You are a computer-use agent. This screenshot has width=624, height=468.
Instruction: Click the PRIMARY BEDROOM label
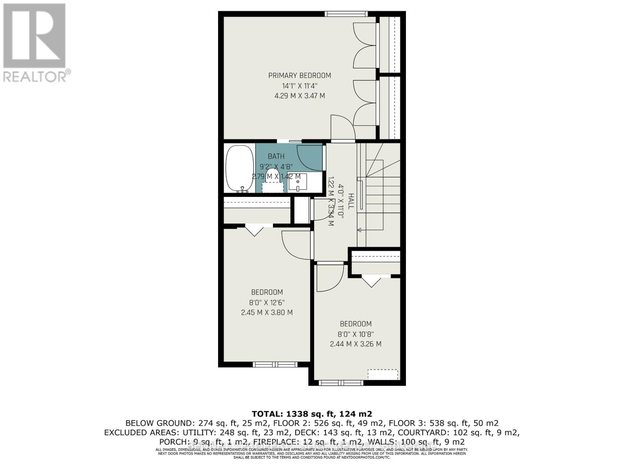click(300, 76)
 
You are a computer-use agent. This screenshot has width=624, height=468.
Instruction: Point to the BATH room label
click(276, 156)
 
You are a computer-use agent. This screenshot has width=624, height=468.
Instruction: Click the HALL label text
click(351, 201)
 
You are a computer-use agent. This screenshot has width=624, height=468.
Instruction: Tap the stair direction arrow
click(359, 230)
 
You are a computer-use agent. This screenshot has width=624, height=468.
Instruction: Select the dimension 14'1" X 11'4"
click(300, 86)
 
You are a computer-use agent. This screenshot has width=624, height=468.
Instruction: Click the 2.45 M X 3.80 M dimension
click(267, 312)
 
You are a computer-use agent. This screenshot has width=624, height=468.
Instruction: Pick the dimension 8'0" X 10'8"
click(355, 334)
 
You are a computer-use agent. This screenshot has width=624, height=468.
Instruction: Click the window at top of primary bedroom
click(346, 14)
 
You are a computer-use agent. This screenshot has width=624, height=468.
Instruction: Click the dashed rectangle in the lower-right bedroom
click(383, 374)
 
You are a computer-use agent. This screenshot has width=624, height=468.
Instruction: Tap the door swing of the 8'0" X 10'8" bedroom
click(328, 278)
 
